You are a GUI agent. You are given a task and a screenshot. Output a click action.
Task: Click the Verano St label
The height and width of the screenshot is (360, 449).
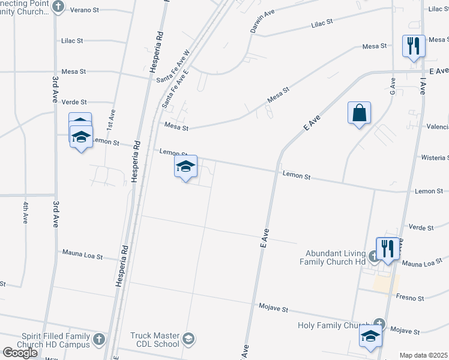pos(85,10)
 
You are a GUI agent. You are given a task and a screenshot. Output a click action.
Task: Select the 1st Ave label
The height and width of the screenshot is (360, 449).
pos(110,119)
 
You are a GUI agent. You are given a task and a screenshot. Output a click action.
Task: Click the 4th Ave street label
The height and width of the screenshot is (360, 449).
pos(26,212)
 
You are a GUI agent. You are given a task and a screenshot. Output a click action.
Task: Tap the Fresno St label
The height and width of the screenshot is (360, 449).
pos(410,298)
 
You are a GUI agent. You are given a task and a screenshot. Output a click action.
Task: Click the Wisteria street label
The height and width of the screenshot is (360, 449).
pos(435,157)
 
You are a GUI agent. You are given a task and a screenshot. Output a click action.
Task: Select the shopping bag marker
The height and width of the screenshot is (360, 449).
pos(358,113)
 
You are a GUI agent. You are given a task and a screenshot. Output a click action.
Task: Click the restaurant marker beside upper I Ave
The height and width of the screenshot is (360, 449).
pos(412,46)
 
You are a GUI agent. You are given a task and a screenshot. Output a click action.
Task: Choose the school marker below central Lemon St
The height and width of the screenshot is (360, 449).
pos(186,167)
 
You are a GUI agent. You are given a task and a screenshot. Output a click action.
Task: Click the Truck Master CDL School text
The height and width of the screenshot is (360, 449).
pos(154,340)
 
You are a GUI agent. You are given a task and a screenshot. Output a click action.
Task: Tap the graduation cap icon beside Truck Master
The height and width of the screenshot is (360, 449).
pos(190,340)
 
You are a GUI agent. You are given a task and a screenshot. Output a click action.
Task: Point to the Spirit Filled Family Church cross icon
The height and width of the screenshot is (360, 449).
pos(99,340)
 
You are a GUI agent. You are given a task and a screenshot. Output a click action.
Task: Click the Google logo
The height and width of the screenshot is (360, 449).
pos(20,353)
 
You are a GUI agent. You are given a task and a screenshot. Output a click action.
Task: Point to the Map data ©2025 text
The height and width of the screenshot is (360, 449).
pos(423,355)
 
